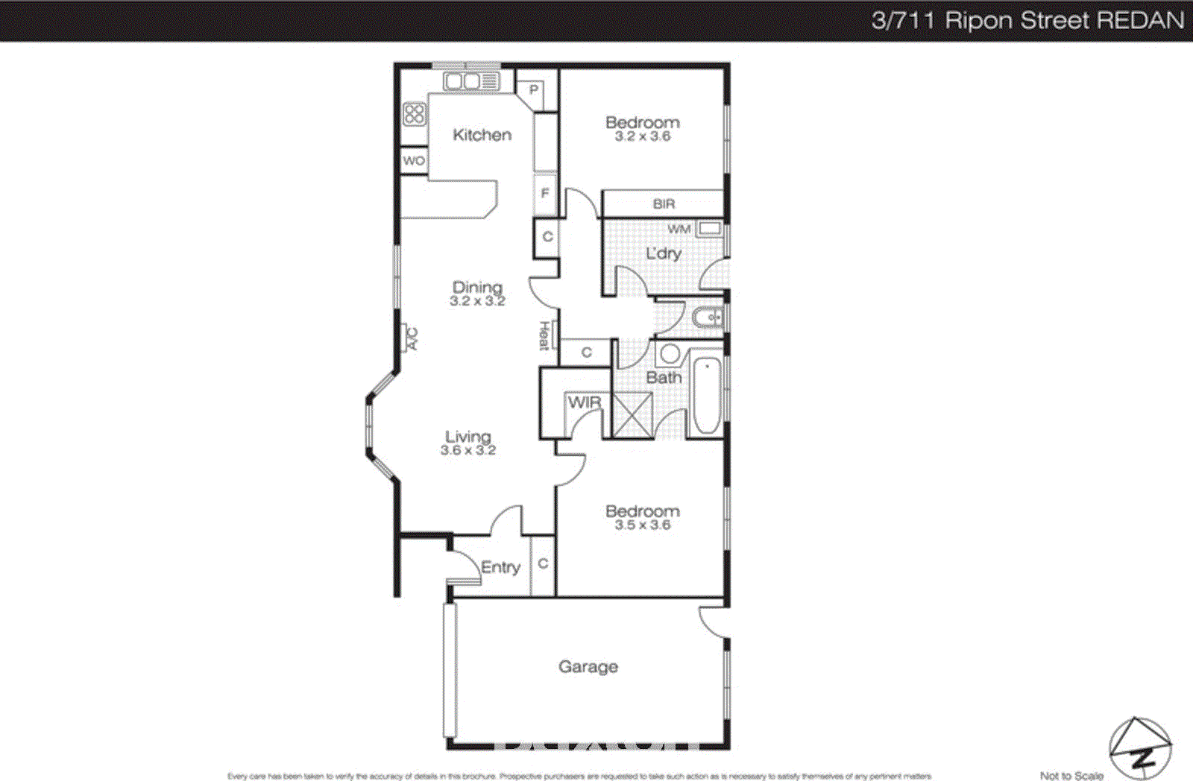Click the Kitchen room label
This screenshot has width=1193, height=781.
click(482, 135)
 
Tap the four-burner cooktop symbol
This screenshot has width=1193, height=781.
click(415, 114)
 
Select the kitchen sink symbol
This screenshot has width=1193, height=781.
click(470, 81)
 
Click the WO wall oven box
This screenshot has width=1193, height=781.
click(414, 161)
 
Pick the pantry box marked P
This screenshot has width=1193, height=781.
click(534, 90)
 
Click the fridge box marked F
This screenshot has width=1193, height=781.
click(545, 193)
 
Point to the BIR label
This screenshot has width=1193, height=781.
click(664, 203)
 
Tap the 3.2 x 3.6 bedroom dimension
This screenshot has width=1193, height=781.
click(642, 136)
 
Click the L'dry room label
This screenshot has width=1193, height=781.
click(663, 253)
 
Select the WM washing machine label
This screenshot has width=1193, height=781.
click(679, 229)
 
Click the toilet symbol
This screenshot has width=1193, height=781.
click(708, 318)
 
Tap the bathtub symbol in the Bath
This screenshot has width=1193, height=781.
click(706, 396)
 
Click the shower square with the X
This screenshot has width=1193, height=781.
click(632, 415)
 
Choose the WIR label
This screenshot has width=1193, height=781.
click(584, 402)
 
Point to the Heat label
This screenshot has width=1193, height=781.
click(544, 336)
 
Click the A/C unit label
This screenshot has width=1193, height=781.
click(410, 339)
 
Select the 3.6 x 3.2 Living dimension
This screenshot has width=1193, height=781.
click(468, 450)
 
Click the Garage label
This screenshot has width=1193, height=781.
click(588, 667)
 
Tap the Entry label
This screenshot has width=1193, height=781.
click(500, 567)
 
